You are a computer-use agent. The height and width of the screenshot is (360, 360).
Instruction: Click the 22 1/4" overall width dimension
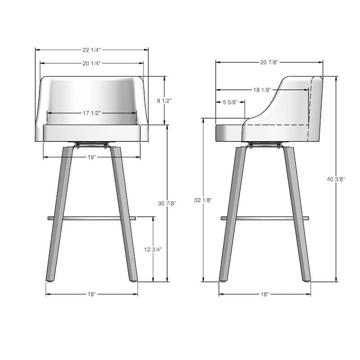point(92,50)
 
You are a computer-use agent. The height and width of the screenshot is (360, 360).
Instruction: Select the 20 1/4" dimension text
point(92,63)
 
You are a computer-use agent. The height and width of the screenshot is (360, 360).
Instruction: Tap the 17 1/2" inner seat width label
point(92,113)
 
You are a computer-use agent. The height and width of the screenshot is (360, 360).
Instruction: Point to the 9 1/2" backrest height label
point(164,100)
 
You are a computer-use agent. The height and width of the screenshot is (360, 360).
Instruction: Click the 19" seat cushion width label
point(92,157)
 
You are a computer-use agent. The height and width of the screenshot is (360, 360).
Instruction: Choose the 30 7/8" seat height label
point(167,203)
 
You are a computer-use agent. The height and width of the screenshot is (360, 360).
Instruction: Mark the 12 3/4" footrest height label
point(153,249)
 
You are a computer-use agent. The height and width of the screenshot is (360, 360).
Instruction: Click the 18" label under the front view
point(92,294)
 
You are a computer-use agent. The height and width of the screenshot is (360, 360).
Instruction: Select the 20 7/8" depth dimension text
point(269,62)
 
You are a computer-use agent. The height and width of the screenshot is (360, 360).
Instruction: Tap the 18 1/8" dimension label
point(262,90)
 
